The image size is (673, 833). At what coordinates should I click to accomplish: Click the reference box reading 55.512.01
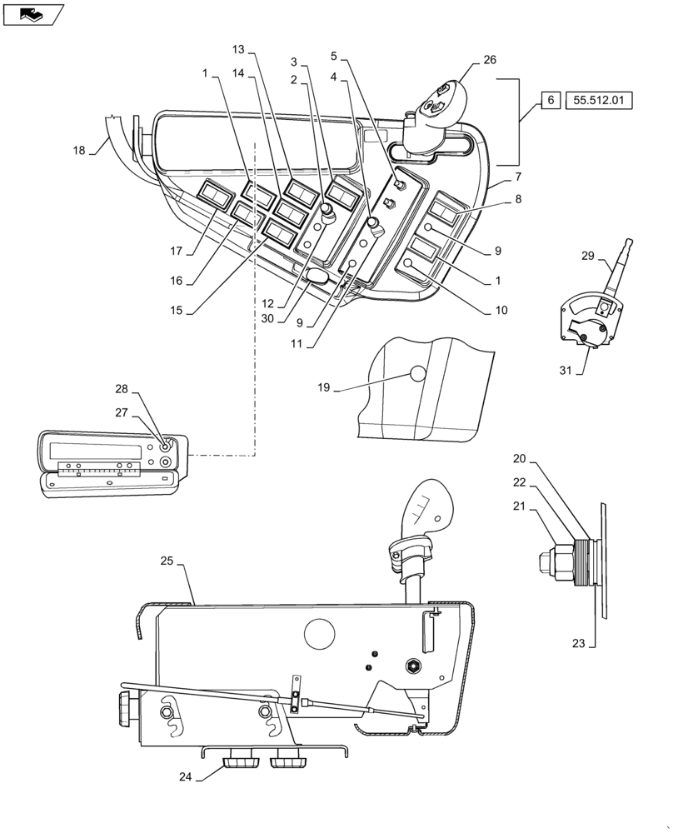click(599, 100)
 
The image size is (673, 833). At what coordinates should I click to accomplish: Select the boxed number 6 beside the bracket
click(550, 100)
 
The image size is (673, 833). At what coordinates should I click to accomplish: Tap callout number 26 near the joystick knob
click(489, 60)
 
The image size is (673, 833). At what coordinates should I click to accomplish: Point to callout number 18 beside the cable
click(79, 151)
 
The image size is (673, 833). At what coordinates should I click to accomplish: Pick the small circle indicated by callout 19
click(416, 377)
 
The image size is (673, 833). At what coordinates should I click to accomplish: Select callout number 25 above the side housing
click(166, 562)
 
